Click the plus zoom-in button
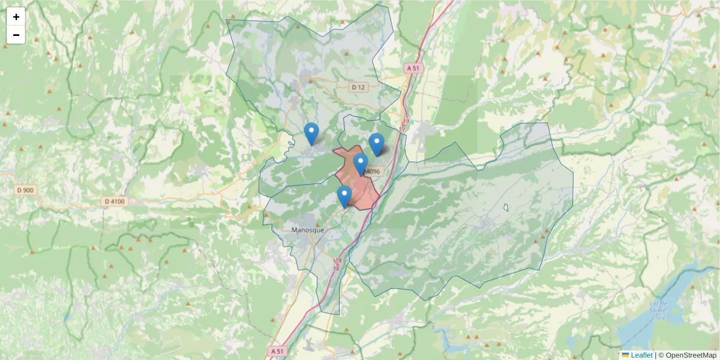[x=16, y=17]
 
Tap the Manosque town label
[x=307, y=230]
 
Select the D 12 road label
[x=358, y=87]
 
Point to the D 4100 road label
[x=114, y=202]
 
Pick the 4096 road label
[x=373, y=172]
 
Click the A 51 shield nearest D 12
[x=412, y=68]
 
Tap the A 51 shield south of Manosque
[x=277, y=351]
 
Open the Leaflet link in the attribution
[x=641, y=355]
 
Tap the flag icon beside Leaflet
[x=625, y=355]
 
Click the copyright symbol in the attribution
[x=661, y=355]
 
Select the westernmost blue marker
[x=311, y=133]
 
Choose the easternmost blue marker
[x=376, y=144]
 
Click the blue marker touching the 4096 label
[x=360, y=164]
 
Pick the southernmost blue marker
[x=344, y=196]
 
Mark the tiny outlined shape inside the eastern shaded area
[x=506, y=208]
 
